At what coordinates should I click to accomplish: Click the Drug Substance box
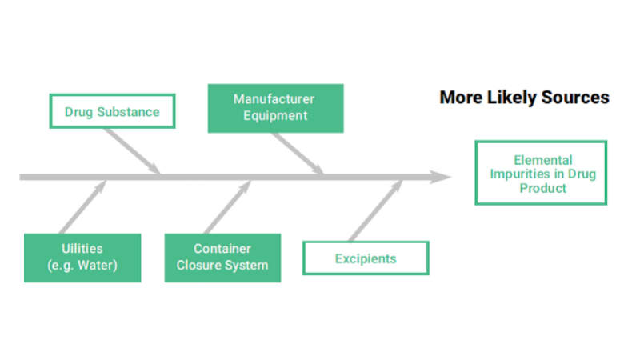click(111, 112)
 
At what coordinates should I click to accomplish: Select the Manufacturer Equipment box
click(275, 107)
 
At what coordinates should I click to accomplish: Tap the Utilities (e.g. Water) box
click(82, 258)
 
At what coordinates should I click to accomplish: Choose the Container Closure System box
click(222, 258)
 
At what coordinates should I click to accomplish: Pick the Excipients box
click(366, 258)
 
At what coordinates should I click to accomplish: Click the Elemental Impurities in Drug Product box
click(541, 174)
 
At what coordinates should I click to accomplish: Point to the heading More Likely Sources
click(524, 98)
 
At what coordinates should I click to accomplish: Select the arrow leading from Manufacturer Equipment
click(297, 151)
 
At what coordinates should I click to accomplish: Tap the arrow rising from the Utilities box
click(83, 208)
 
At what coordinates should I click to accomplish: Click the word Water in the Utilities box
click(97, 266)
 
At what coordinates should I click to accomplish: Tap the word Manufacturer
click(274, 99)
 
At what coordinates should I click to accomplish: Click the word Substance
click(130, 112)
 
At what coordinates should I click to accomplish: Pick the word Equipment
click(276, 115)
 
